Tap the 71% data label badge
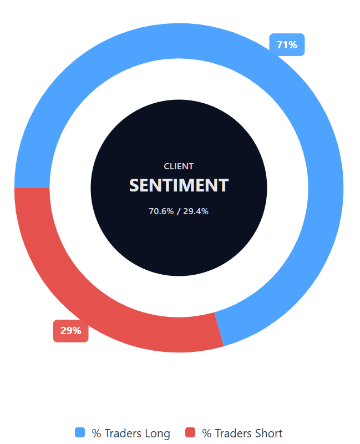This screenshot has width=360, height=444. (287, 45)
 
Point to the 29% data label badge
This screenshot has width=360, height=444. (70, 331)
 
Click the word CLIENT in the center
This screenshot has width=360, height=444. (179, 166)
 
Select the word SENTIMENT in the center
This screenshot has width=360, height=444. (179, 185)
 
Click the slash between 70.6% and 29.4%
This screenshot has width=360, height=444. (179, 211)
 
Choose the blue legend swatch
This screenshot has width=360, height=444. (80, 433)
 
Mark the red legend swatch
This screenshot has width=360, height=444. (191, 433)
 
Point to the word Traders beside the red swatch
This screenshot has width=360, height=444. (233, 433)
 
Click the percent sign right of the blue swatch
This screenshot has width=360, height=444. (97, 433)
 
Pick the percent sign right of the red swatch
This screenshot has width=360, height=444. (207, 433)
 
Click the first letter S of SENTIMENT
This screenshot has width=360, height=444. (134, 185)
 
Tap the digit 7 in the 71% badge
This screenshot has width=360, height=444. (280, 45)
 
